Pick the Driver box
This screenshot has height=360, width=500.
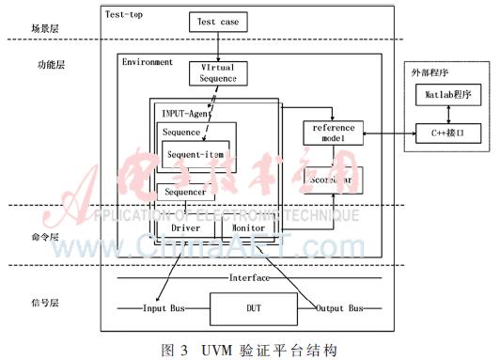(x=185, y=227)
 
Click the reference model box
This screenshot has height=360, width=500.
(x=332, y=133)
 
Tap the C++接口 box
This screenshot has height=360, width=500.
(x=449, y=134)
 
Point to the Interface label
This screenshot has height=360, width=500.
(x=248, y=278)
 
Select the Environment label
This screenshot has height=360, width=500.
(x=148, y=62)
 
